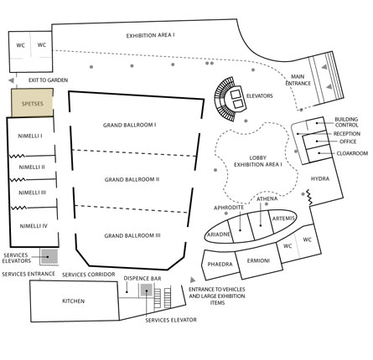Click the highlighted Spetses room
point(32,102)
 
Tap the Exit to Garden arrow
point(11,80)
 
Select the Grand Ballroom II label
point(132,179)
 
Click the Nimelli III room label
point(32,193)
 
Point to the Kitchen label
point(73,301)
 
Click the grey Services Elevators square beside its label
point(49,257)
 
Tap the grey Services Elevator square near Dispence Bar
point(147,291)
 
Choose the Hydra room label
point(320,178)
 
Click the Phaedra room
point(220,265)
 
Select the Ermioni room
point(259,260)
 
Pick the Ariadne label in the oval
point(219,234)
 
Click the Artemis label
point(283,219)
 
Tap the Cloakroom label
point(352,153)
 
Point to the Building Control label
point(346,122)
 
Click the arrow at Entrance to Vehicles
point(193,280)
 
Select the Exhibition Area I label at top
point(150,36)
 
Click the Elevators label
point(260,96)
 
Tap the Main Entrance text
point(298,80)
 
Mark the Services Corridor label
point(88,275)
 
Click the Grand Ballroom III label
point(132,236)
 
